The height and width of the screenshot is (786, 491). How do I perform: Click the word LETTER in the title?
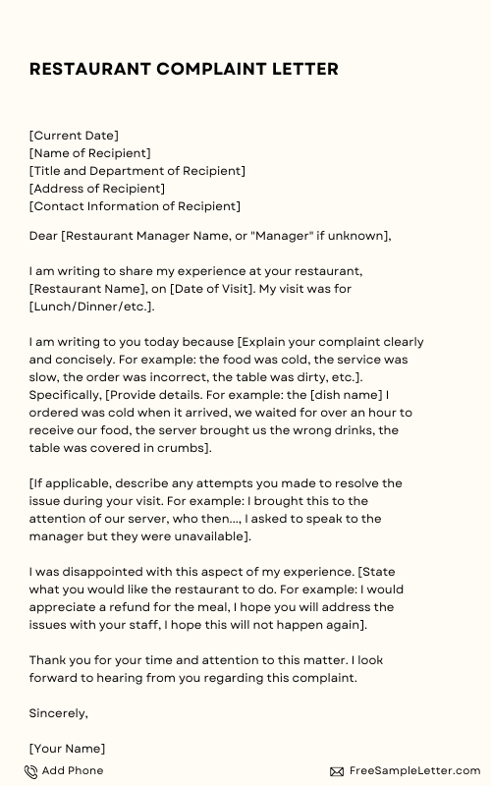pyautogui.click(x=300, y=69)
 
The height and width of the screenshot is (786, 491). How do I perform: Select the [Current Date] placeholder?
pyautogui.click(x=74, y=136)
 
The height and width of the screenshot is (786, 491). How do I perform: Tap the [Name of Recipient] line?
pyautogui.click(x=90, y=153)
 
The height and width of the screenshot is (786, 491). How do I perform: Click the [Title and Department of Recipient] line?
pyautogui.click(x=137, y=171)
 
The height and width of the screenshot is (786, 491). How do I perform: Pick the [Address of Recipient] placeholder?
pyautogui.click(x=97, y=189)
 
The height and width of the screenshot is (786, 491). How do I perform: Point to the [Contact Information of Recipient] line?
pyautogui.click(x=135, y=206)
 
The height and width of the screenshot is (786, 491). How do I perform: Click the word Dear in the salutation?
pyautogui.click(x=44, y=236)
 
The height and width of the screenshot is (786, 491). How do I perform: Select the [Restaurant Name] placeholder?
pyautogui.click(x=87, y=289)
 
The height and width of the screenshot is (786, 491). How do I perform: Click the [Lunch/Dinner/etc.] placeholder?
pyautogui.click(x=91, y=307)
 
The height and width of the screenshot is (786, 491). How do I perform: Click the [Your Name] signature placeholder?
pyautogui.click(x=67, y=749)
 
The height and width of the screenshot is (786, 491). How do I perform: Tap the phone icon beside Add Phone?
pyautogui.click(x=31, y=772)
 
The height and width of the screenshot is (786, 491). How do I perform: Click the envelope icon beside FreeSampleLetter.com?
pyautogui.click(x=337, y=772)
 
